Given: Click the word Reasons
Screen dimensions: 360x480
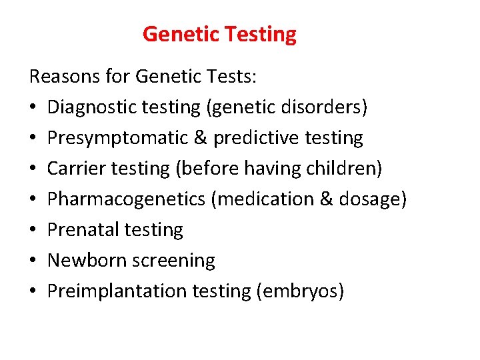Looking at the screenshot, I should click(65, 77).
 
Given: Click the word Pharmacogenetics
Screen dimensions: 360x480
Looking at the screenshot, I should click(125, 199).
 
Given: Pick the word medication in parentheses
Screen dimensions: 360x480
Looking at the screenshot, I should click(263, 199).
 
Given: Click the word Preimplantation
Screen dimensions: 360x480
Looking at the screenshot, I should click(116, 291).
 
